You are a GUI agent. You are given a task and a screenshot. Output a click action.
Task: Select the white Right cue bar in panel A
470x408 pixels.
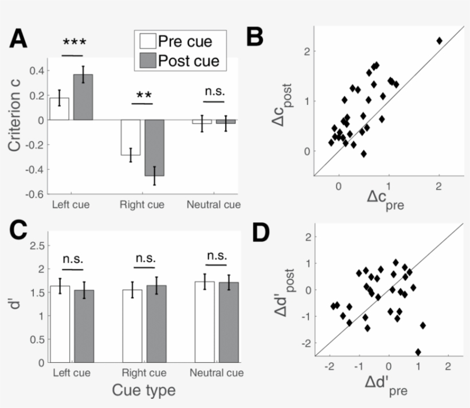pyautogui.click(x=130, y=138)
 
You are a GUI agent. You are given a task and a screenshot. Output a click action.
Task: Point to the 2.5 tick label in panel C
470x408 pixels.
pyautogui.click(x=36, y=245)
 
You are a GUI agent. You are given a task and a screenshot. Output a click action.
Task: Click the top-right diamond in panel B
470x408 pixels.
pyautogui.click(x=439, y=41)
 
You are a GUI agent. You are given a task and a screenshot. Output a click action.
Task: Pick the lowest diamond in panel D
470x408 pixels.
pyautogui.click(x=418, y=352)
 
